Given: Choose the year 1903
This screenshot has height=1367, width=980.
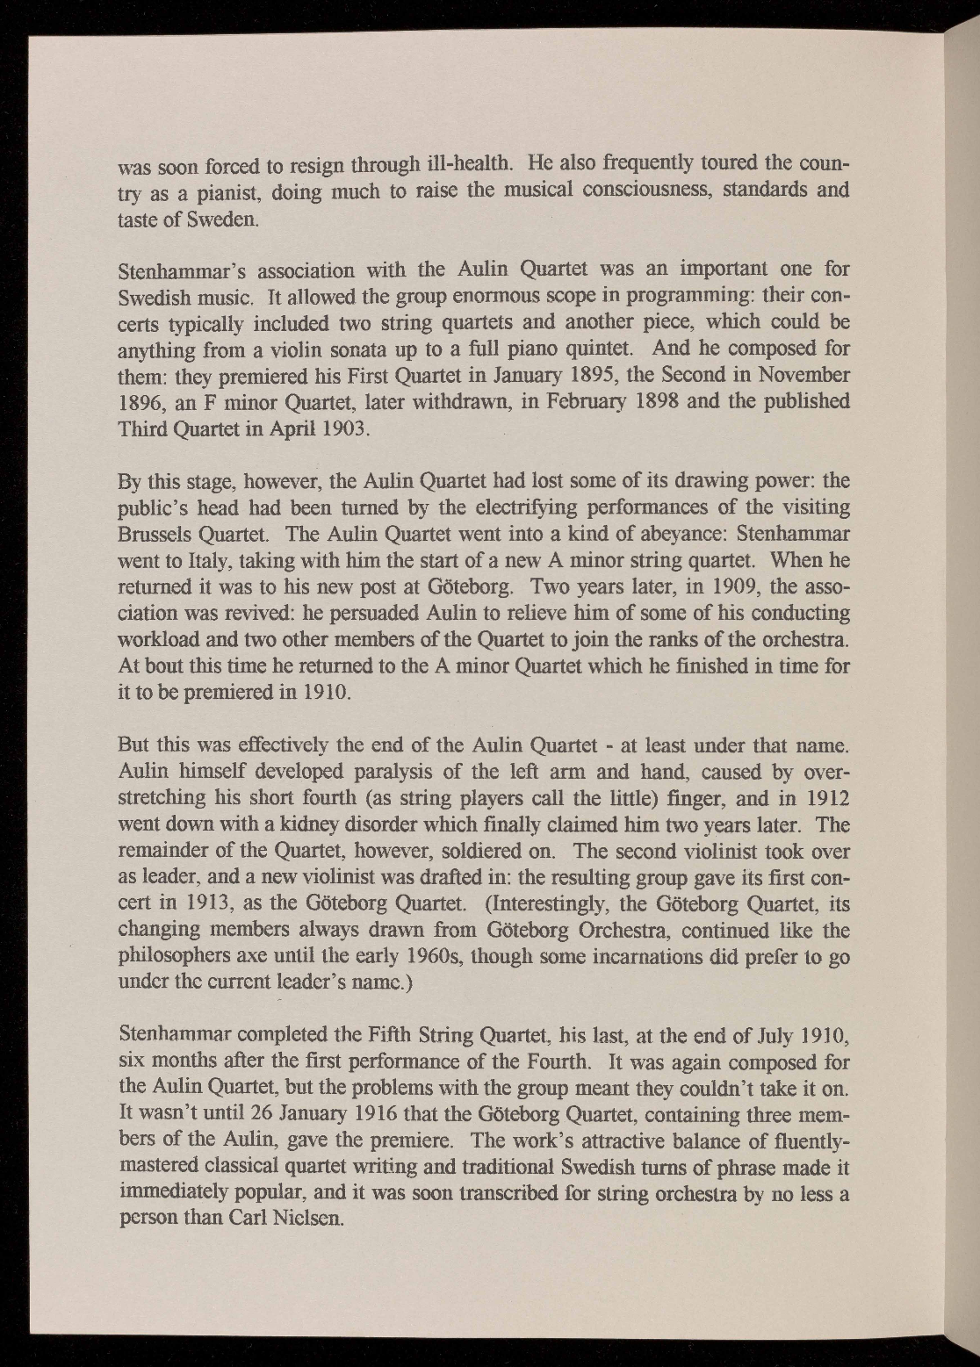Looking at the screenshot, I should click(x=336, y=428).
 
